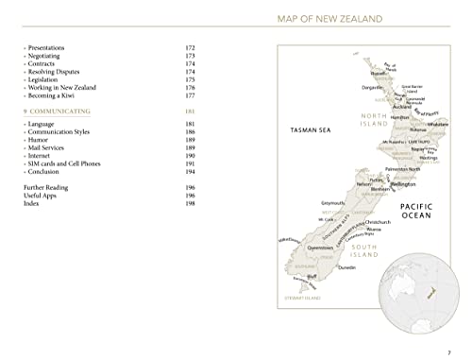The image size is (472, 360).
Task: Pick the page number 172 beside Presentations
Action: tap(190, 45)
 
